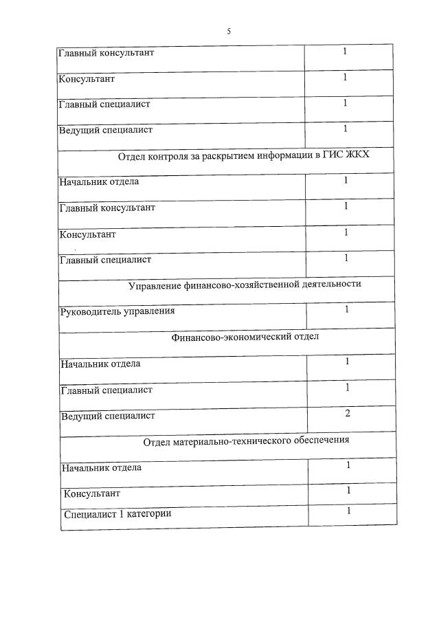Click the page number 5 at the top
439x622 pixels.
point(229,31)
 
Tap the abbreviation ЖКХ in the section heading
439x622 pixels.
point(357,155)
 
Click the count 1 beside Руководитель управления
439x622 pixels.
point(348,309)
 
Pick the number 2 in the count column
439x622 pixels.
point(348,413)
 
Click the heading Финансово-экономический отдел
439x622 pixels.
point(245,337)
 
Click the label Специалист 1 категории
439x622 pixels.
point(117,513)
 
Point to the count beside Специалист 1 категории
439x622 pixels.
point(349,511)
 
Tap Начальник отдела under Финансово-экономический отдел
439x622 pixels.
point(100,364)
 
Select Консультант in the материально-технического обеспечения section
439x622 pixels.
point(91,493)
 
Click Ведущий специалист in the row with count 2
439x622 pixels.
point(108,416)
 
